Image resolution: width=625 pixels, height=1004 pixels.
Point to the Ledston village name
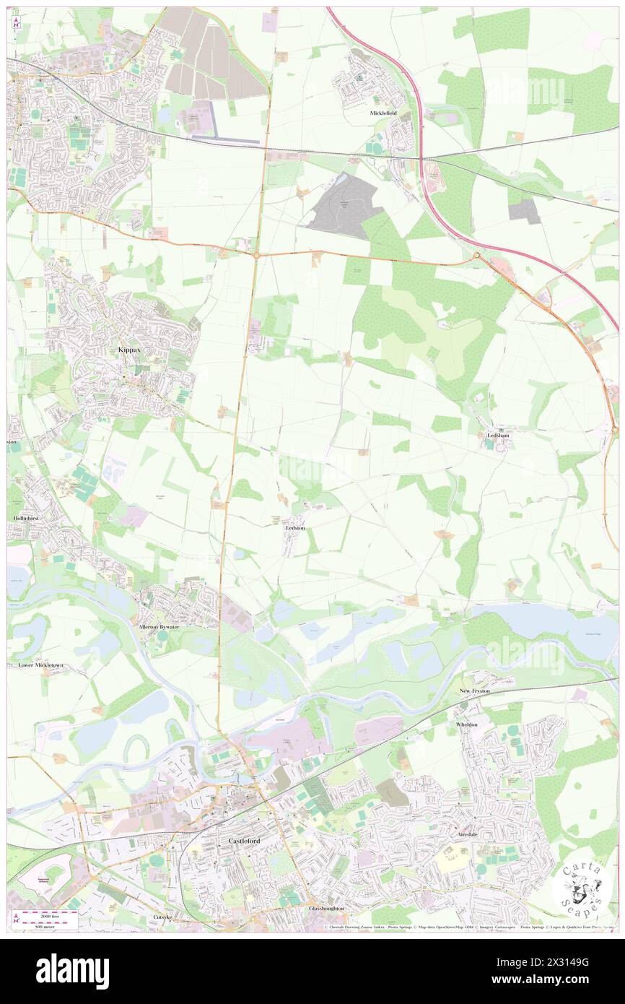tap(294, 528)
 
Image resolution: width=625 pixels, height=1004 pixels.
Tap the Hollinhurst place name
tap(25, 518)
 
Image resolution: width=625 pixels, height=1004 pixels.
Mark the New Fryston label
tap(475, 691)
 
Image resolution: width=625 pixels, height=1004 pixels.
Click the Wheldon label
tap(467, 724)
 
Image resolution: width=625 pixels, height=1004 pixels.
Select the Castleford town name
tap(243, 841)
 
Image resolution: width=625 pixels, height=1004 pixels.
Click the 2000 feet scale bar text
tap(39, 914)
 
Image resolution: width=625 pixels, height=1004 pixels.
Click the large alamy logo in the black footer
tap(73, 971)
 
